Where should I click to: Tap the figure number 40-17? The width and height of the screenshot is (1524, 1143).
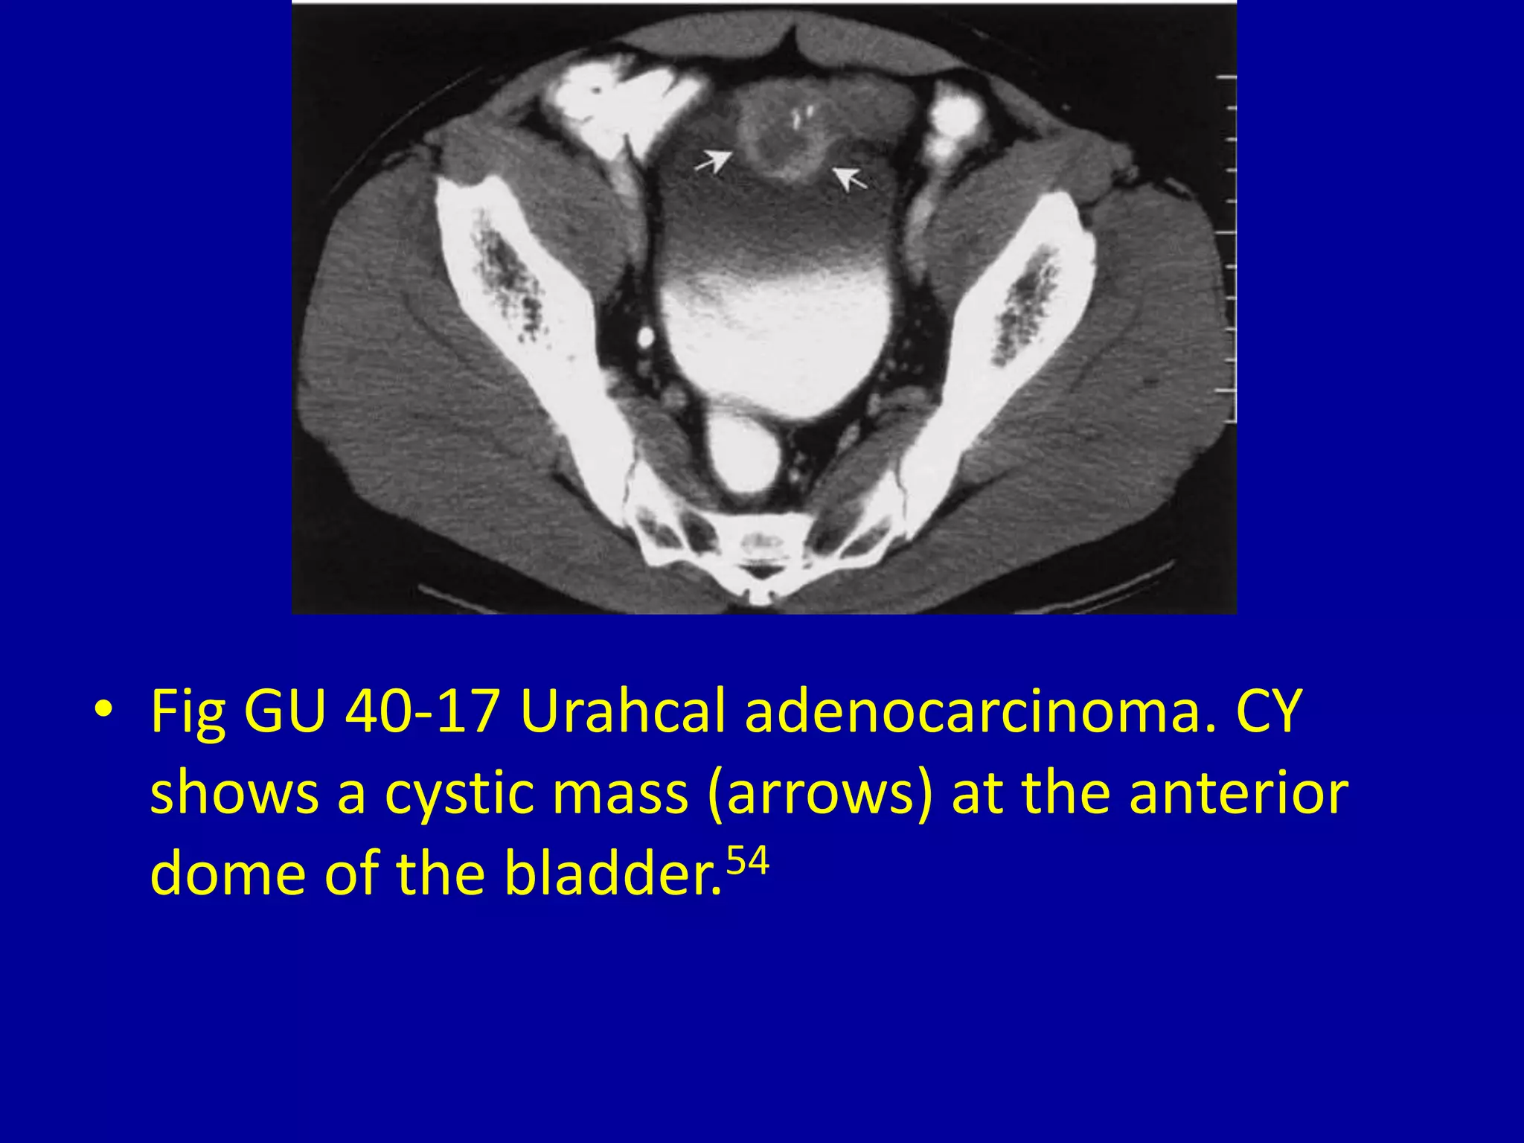[422, 711]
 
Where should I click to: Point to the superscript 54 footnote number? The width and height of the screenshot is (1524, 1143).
[747, 862]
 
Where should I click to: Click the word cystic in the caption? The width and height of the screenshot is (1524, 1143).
[458, 793]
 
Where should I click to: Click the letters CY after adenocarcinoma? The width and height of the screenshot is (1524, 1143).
[1269, 711]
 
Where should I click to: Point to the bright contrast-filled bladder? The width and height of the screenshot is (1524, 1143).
[778, 335]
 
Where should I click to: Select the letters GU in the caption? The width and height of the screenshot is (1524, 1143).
[285, 711]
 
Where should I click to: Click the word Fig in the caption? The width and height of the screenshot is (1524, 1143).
[188, 713]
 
